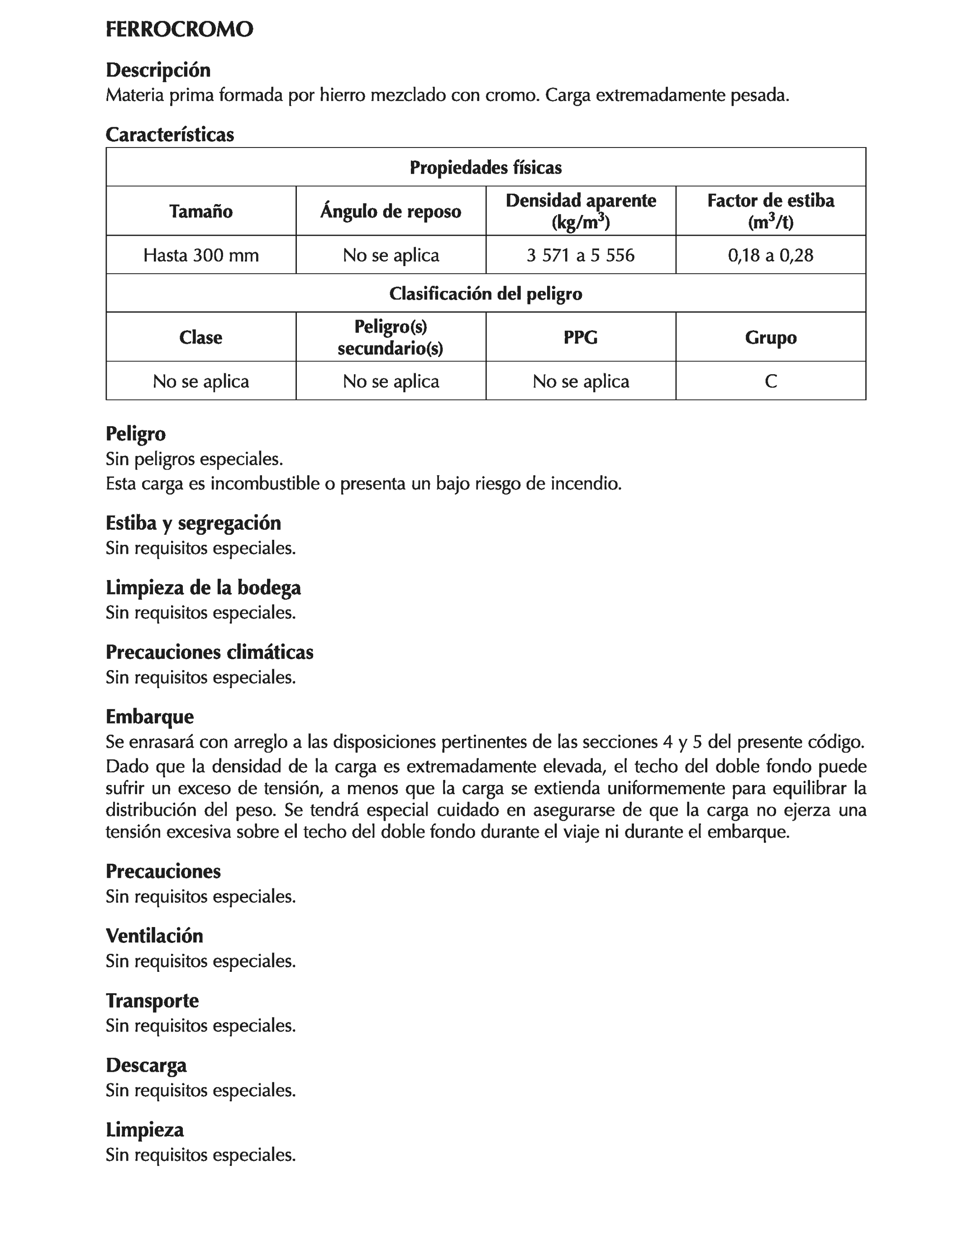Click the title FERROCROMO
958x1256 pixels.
coord(179,30)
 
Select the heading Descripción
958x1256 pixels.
coord(158,70)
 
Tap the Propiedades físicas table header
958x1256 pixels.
coord(485,167)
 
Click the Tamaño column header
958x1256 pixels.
coord(201,211)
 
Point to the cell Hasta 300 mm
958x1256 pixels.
coord(201,255)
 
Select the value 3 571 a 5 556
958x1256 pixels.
coord(580,255)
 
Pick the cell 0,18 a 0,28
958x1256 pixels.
coord(770,255)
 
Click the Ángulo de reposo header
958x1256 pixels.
coord(391,211)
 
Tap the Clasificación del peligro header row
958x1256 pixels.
coord(485,294)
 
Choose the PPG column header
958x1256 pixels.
coord(580,338)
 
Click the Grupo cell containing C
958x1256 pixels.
coord(770,381)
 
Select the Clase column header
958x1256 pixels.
coord(201,338)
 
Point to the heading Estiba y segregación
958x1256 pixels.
coord(193,523)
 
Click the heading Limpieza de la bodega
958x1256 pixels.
coord(203,587)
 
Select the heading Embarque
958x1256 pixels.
coord(149,717)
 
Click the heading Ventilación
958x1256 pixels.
coord(154,936)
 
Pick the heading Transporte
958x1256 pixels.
coord(152,1000)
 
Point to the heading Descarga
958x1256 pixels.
coord(146,1065)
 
